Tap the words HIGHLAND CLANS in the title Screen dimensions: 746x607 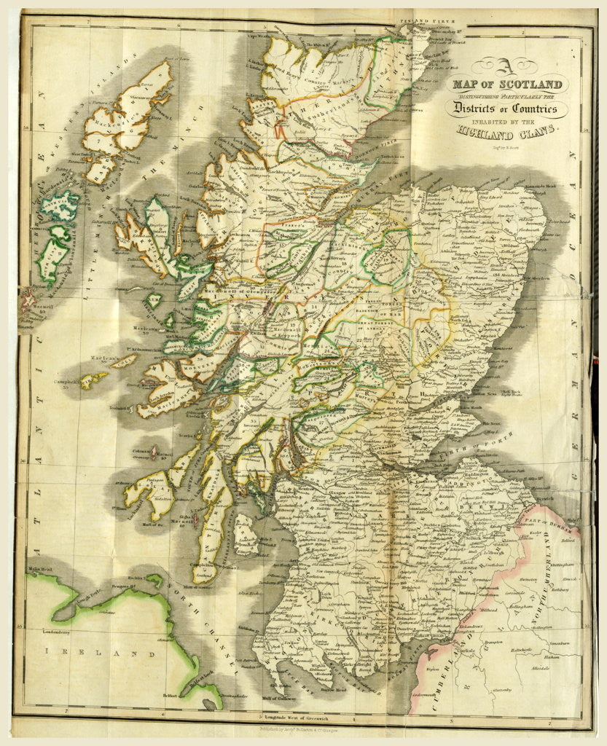pos(505,132)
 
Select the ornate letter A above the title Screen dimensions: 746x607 pos(504,68)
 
